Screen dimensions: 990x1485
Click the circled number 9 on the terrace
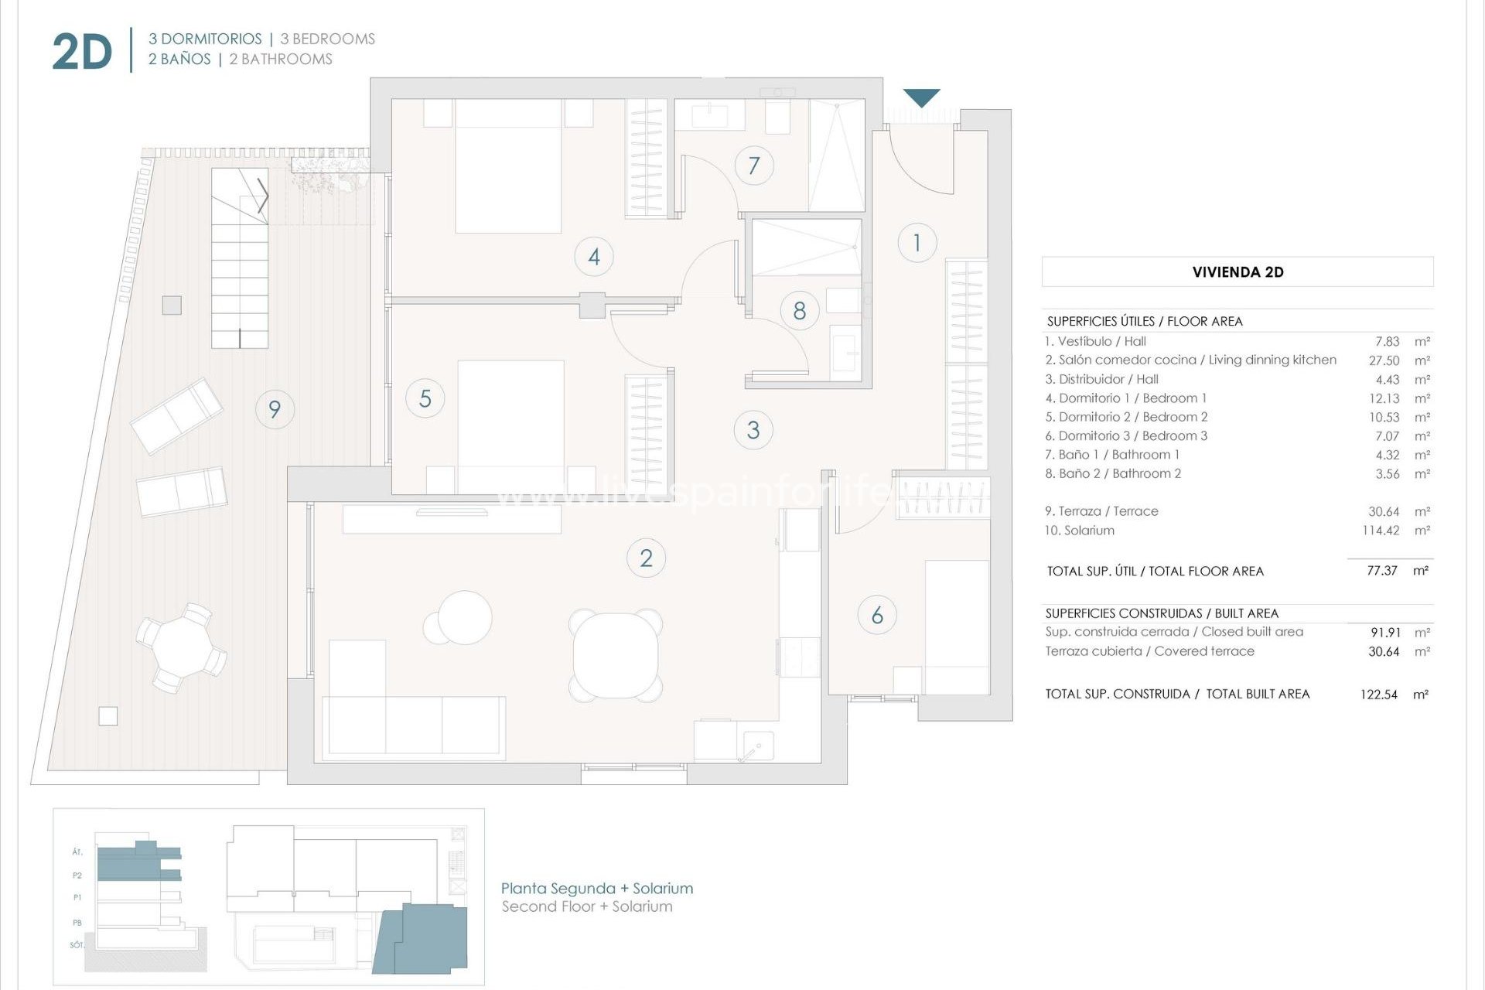(275, 409)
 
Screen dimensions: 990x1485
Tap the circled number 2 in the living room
(646, 558)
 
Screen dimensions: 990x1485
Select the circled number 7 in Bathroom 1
(754, 165)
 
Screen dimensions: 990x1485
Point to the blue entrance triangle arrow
(921, 97)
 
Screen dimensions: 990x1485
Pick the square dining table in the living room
(616, 654)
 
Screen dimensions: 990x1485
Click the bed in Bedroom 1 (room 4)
(508, 166)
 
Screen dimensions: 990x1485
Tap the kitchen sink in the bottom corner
(755, 746)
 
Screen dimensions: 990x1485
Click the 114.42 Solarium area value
(1381, 531)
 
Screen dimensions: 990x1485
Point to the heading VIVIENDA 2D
(1237, 272)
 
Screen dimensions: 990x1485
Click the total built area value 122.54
(1378, 695)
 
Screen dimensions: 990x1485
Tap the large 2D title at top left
(82, 53)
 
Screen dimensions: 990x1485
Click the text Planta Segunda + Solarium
(597, 889)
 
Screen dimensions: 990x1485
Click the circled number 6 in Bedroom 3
(877, 616)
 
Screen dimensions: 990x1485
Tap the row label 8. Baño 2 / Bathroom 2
(1113, 474)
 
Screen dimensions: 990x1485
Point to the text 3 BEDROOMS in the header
(327, 39)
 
